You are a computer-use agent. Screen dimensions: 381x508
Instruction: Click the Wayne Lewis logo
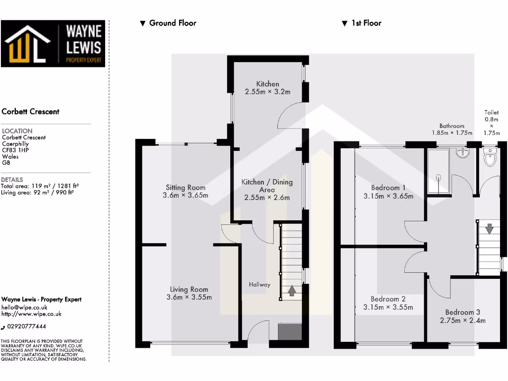(x=53, y=44)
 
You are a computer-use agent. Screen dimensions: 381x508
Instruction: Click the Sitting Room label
(x=186, y=188)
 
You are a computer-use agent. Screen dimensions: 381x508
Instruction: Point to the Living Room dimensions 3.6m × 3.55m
(x=189, y=297)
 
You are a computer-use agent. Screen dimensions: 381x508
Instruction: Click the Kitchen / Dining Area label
(x=267, y=186)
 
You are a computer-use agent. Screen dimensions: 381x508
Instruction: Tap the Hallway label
(x=259, y=285)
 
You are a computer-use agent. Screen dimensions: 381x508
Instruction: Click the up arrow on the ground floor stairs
(x=292, y=290)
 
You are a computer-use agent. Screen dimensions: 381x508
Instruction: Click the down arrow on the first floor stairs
(x=489, y=229)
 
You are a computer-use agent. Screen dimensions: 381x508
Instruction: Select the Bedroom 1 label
(x=388, y=188)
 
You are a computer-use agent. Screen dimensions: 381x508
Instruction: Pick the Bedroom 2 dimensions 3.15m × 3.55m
(x=388, y=307)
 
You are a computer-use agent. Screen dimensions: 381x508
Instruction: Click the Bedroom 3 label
(x=462, y=312)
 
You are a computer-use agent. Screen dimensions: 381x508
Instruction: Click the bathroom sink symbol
(x=463, y=152)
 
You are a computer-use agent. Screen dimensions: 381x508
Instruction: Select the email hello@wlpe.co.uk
(x=24, y=308)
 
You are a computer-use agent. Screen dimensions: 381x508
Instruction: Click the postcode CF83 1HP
(x=15, y=150)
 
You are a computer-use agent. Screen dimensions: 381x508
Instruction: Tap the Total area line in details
(x=40, y=186)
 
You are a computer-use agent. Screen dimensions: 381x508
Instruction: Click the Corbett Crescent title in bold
(x=30, y=112)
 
